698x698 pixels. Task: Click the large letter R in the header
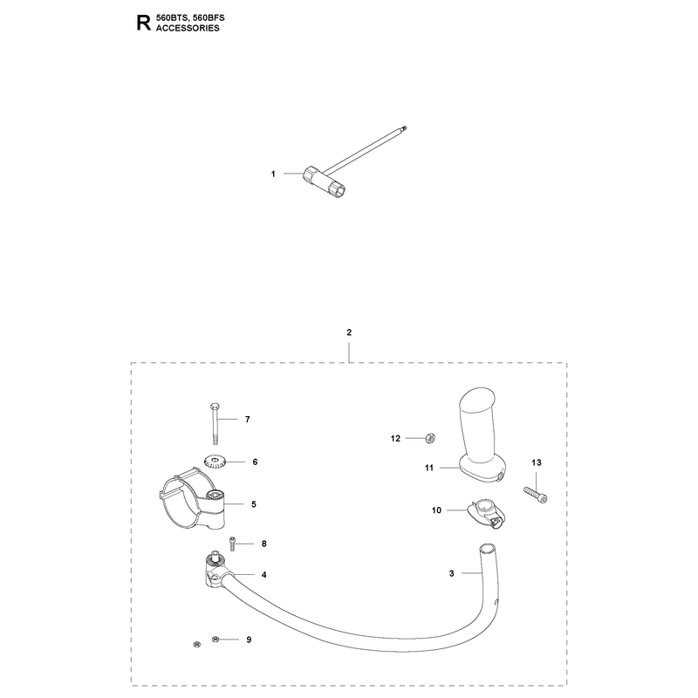tap(143, 23)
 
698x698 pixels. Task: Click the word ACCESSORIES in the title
tap(188, 28)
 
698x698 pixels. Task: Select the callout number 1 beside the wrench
tap(273, 174)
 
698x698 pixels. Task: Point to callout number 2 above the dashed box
tap(349, 332)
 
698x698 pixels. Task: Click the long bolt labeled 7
tap(214, 423)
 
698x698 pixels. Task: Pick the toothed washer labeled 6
tap(216, 462)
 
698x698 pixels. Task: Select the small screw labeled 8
tap(233, 544)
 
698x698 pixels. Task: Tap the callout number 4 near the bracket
tap(263, 575)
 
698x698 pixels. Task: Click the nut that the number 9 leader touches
tap(216, 640)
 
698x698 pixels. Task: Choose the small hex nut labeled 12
tap(430, 438)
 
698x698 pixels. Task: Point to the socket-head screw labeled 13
tap(535, 494)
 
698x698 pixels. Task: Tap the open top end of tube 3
tap(487, 548)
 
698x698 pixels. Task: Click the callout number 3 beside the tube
tap(451, 573)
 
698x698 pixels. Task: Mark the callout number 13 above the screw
tap(537, 462)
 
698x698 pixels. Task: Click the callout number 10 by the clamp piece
tap(436, 510)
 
